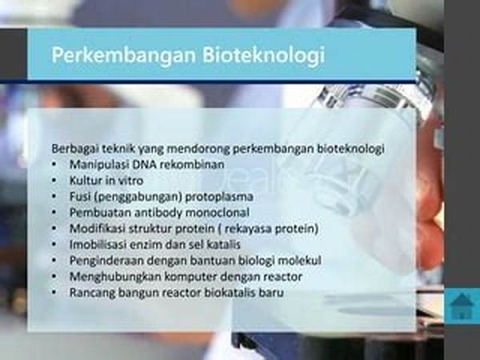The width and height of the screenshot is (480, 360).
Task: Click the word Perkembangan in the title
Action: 124,55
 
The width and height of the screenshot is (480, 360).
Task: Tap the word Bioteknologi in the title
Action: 263,55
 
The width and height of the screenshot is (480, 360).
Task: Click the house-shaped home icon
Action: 462,306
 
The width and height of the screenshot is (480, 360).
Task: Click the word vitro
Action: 130,181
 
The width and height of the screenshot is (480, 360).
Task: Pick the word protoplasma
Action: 219,197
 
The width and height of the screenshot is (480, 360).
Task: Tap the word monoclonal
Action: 218,213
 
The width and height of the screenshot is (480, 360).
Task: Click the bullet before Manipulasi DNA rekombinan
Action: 54,165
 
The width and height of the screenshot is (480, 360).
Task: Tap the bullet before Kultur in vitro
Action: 54,181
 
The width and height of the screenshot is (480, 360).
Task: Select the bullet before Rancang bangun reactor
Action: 54,293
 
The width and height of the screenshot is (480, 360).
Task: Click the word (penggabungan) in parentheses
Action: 138,197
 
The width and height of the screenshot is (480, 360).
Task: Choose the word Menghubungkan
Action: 115,277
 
